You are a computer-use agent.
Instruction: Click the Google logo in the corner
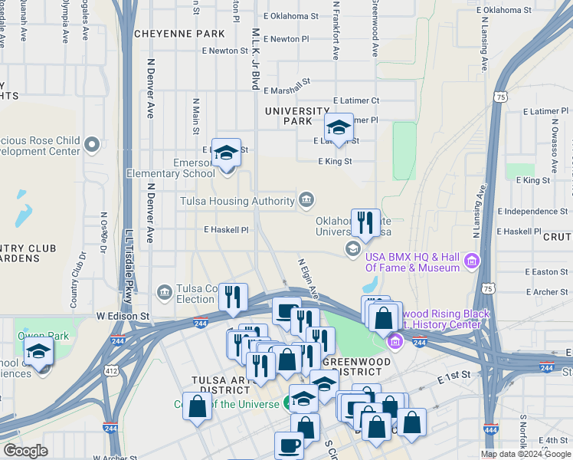pos(25,451)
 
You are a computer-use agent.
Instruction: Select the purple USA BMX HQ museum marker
pos(470,262)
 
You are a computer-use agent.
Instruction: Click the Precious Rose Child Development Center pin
pos(93,144)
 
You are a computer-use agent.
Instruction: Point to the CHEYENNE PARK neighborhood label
pos(180,34)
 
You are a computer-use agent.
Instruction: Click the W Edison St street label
pos(121,315)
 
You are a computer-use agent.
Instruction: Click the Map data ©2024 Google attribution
pos(526,454)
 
